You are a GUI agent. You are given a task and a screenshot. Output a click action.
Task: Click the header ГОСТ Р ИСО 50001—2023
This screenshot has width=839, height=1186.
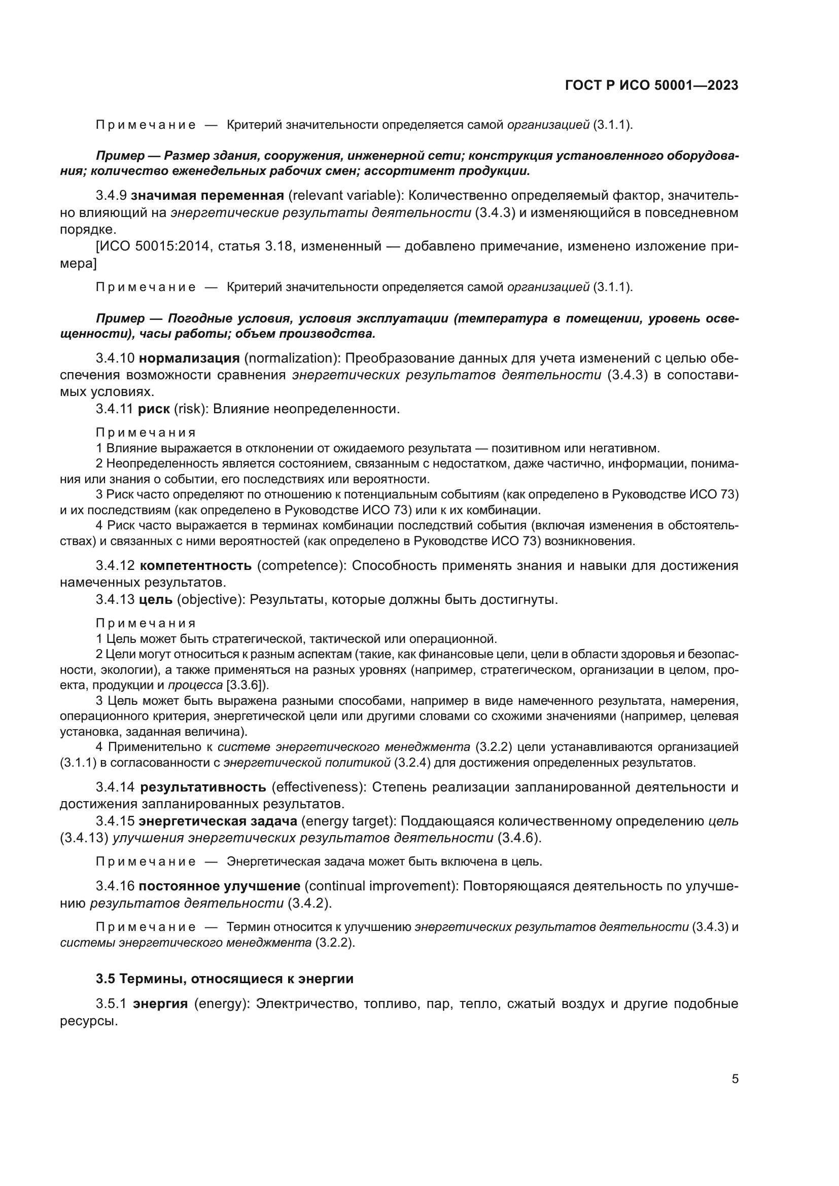(x=651, y=86)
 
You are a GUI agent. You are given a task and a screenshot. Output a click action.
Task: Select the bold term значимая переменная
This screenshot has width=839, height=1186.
(x=207, y=196)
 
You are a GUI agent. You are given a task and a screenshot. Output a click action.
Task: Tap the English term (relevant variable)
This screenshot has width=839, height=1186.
(x=344, y=196)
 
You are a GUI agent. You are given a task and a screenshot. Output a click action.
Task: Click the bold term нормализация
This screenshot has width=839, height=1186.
(x=190, y=358)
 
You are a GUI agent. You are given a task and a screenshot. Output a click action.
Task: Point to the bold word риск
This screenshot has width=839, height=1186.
(x=154, y=409)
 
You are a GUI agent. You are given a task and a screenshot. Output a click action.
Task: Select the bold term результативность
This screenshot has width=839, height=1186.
(x=203, y=787)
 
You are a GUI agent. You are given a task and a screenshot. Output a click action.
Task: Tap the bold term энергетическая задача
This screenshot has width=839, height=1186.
(x=218, y=821)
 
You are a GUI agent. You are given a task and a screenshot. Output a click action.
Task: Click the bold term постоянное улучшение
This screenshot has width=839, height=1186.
(x=220, y=886)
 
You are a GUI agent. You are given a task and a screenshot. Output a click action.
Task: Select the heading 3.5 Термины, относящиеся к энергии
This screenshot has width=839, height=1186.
(x=225, y=979)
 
